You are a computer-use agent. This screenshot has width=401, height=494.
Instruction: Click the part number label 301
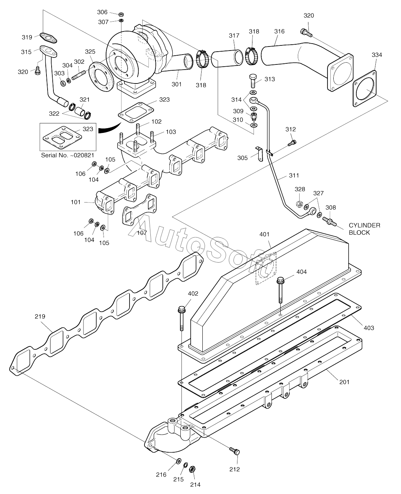176,84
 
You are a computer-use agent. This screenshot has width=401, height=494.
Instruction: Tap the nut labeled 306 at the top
121,15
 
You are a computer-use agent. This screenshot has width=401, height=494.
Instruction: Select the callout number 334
377,55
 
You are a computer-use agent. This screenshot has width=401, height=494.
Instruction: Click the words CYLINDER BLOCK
364,229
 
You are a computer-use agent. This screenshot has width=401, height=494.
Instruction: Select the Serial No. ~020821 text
68,155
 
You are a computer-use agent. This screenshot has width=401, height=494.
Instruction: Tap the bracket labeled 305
260,154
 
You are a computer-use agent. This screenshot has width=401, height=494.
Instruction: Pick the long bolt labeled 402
181,318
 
